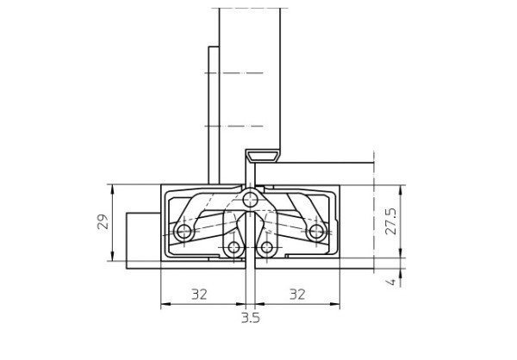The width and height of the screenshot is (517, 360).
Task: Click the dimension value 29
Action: tap(101, 222)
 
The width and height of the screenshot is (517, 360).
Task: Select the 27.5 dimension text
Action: tap(390, 221)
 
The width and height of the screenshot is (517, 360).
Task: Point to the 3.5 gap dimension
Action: tap(251, 317)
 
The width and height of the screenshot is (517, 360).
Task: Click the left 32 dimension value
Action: tap(199, 295)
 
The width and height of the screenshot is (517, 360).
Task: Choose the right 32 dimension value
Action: tap(297, 295)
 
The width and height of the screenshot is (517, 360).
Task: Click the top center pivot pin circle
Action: tap(250, 200)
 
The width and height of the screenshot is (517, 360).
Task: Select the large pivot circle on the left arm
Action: tap(183, 232)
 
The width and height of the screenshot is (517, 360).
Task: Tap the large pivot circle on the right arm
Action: tap(316, 231)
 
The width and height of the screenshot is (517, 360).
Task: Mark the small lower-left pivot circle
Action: tap(234, 248)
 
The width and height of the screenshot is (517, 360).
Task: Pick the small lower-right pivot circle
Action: tap(267, 248)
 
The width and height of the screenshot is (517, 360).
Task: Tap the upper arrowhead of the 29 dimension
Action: tap(113, 189)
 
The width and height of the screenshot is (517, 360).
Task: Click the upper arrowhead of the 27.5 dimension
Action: tap(402, 189)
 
